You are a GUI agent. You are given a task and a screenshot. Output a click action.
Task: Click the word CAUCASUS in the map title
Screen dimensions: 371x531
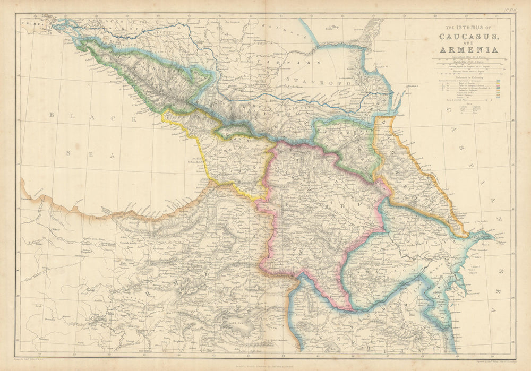tap(468, 37)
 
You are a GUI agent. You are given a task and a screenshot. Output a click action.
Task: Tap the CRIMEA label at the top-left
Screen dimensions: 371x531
tap(32, 24)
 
